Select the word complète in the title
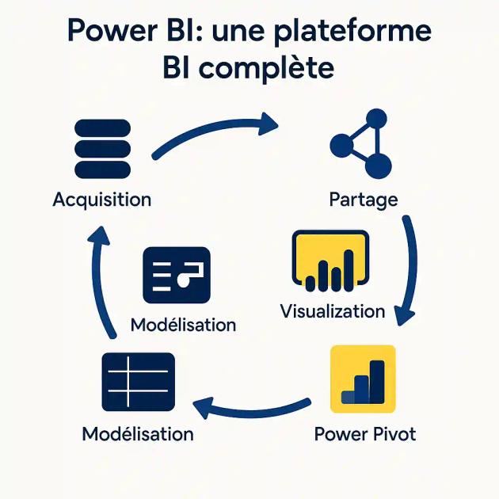coord(266,68)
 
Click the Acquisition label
coord(101,199)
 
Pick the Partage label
coord(363,199)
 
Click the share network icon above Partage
coord(361,144)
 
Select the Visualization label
coord(333,310)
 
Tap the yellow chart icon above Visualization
coord(330,260)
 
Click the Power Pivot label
coord(364,434)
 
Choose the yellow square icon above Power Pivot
coord(363,379)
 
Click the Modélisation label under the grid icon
coord(138,434)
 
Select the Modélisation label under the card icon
coord(183,325)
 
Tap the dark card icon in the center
coord(177,275)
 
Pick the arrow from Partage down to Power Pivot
coord(409,269)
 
